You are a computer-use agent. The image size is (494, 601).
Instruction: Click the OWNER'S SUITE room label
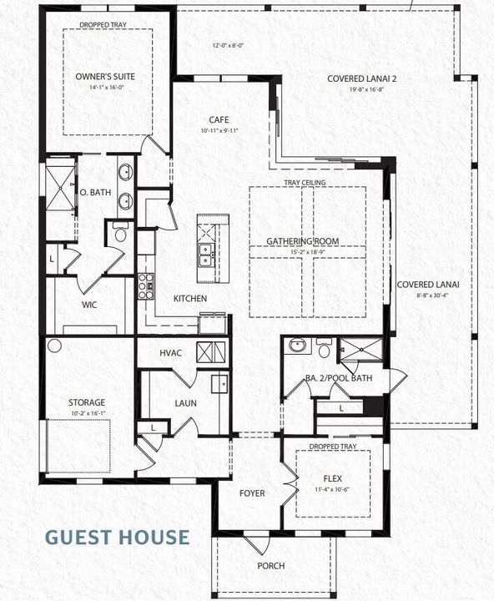tap(105, 77)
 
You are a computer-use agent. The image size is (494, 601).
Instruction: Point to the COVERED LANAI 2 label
tap(361, 79)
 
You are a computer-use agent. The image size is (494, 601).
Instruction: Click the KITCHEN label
tap(190, 299)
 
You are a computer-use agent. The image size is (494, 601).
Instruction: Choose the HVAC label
tap(170, 353)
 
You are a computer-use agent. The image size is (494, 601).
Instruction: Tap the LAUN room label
tap(185, 403)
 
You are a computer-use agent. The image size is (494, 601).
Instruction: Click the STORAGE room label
tap(87, 402)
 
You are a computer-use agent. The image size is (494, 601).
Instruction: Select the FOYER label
tap(252, 493)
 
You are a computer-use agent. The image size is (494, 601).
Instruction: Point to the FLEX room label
tap(332, 479)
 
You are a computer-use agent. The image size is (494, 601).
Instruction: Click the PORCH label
tap(270, 566)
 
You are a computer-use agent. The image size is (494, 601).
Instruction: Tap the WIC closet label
tap(89, 305)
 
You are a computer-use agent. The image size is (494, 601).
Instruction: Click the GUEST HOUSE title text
tap(117, 536)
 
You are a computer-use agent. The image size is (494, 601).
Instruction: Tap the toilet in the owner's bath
tap(119, 235)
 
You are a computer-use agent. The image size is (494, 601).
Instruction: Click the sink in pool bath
tap(296, 344)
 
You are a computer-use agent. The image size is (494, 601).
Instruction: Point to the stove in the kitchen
tap(146, 286)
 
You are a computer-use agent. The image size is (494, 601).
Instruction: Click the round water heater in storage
tap(55, 345)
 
